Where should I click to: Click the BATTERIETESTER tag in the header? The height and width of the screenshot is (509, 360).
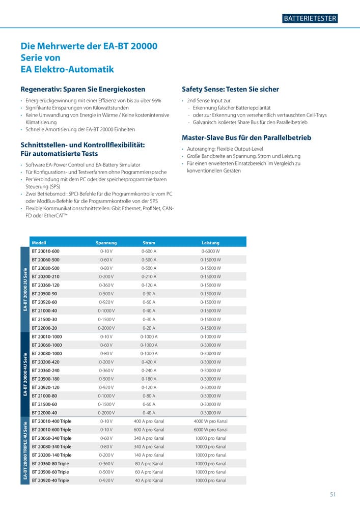coord(310,18)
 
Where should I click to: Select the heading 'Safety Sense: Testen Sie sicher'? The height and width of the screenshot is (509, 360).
coord(230,89)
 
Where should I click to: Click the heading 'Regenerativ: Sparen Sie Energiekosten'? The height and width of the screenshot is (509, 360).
coord(83,89)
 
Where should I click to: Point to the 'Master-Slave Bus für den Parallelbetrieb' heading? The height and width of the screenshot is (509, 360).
coord(246,137)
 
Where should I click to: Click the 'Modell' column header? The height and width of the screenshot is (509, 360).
coord(39,243)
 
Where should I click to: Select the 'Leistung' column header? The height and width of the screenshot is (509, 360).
coord(210,243)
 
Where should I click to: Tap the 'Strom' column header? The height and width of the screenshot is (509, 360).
coord(149,243)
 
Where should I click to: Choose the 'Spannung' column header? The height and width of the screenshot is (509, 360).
coord(106,243)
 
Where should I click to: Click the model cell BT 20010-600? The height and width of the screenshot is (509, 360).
coord(45,251)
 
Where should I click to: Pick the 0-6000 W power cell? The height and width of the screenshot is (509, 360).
coord(210,251)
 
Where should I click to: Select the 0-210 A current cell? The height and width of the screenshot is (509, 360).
coord(149,277)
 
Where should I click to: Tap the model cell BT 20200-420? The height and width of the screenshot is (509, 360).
coord(46,362)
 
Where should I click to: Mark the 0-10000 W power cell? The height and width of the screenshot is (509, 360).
coord(210,336)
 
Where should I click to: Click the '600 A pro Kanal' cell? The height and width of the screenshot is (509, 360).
coord(149,430)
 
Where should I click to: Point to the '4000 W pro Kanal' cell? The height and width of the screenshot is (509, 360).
coord(210,421)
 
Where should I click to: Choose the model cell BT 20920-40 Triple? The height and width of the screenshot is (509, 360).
coord(50,480)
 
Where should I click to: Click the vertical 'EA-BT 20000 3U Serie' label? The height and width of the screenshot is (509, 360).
coord(25,289)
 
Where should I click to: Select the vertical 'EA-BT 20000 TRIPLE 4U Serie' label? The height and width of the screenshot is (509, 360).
coord(25,451)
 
